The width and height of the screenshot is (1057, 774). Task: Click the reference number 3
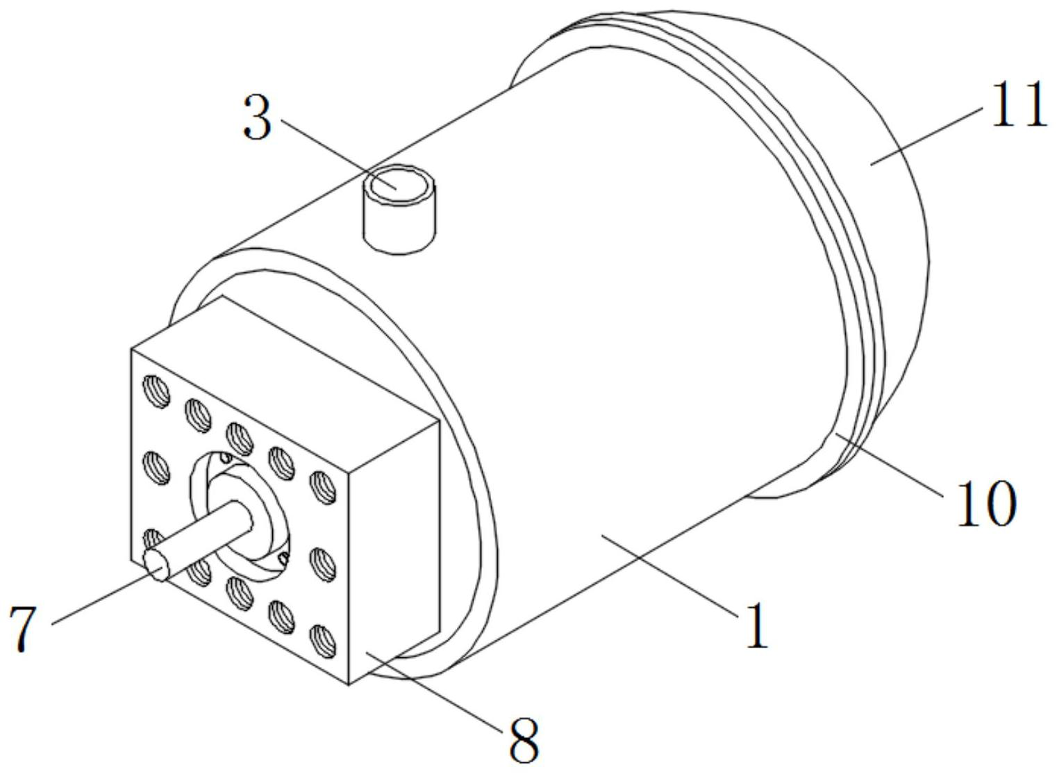258,117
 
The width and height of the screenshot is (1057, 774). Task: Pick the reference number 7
23,629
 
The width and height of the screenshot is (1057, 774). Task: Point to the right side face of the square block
394,552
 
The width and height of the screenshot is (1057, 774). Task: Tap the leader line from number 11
926,136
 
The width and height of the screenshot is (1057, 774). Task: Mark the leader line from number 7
103,598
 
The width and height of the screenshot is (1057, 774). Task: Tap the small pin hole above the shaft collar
227,457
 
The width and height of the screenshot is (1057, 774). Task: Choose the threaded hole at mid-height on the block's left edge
156,468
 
